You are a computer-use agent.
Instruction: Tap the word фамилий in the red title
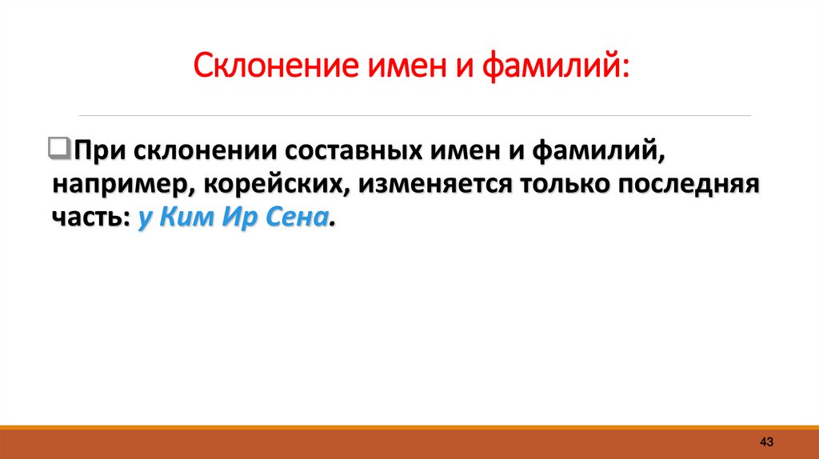click(554, 64)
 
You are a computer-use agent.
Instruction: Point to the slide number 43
click(766, 441)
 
